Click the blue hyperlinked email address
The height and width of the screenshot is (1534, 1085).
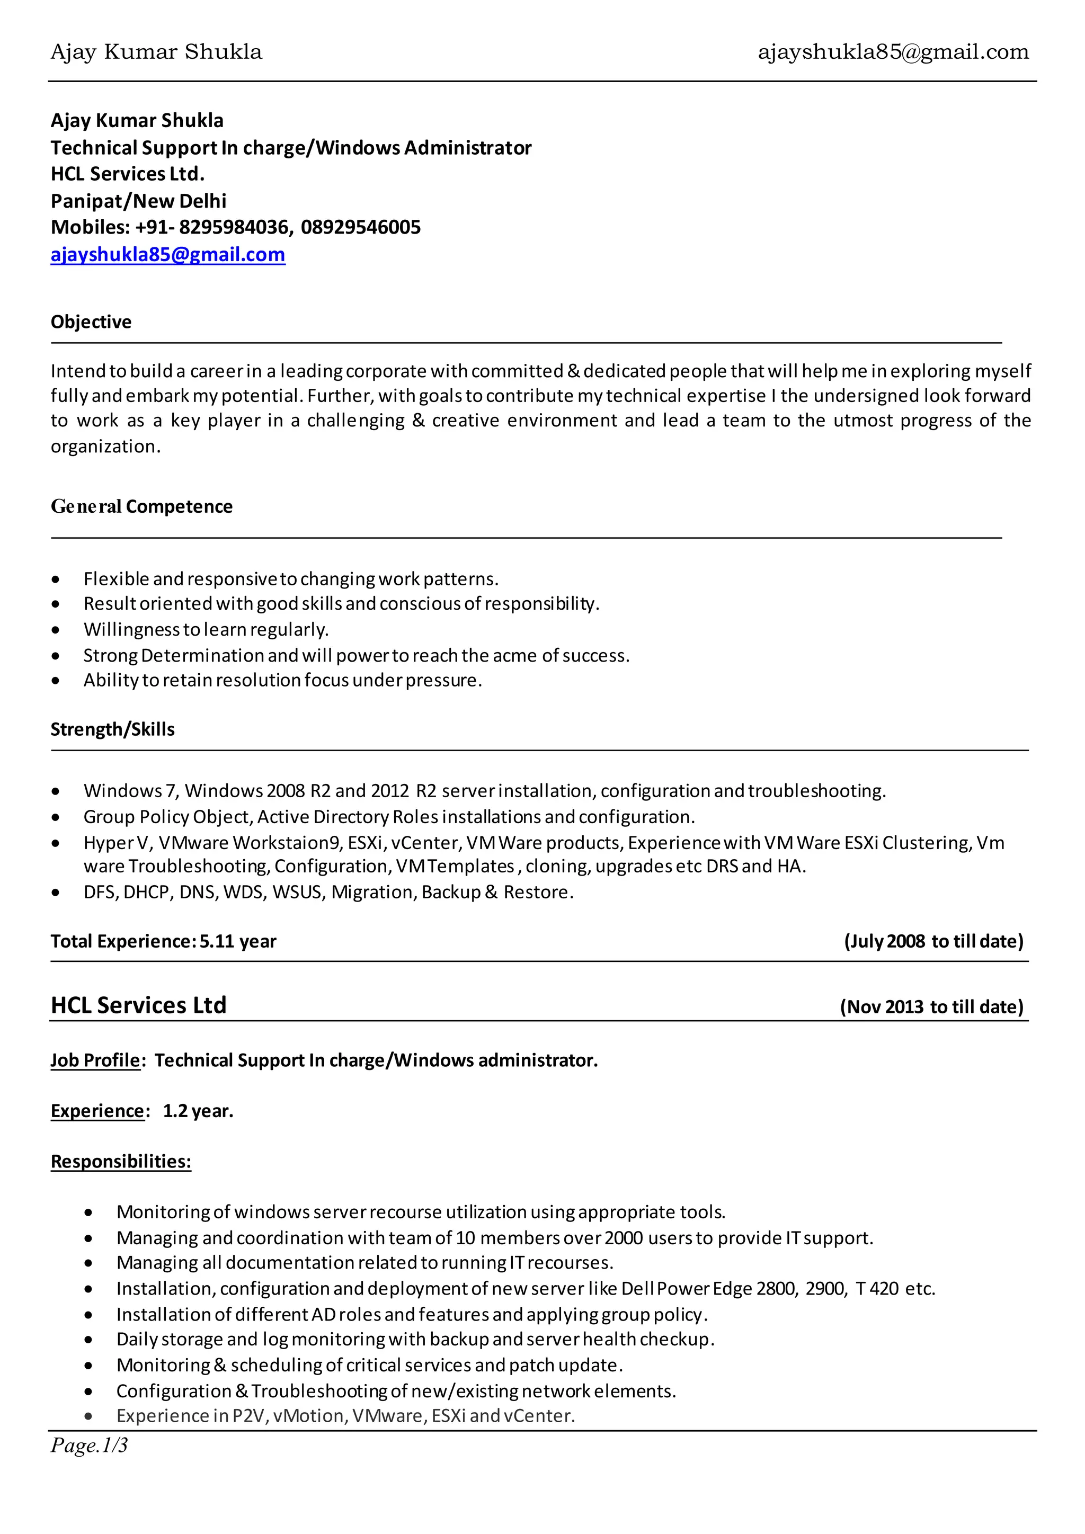(x=168, y=255)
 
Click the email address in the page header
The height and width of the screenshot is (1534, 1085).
(x=893, y=52)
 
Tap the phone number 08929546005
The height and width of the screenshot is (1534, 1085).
(x=361, y=228)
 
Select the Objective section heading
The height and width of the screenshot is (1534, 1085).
(x=91, y=322)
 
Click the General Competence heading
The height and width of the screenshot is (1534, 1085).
(x=141, y=506)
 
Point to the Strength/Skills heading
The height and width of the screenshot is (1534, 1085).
(x=112, y=729)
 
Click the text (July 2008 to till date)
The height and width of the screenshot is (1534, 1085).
(x=933, y=941)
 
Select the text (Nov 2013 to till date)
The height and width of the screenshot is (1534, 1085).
(x=931, y=1007)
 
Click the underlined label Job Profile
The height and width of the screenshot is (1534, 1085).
(x=95, y=1060)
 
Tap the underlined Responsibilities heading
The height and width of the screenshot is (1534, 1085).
(x=121, y=1161)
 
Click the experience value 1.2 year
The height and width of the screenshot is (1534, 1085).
(x=198, y=1111)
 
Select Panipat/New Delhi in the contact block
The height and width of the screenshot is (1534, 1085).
(x=138, y=201)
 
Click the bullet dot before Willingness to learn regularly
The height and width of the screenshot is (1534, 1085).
(x=56, y=630)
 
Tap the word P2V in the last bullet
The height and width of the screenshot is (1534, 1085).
(x=249, y=1416)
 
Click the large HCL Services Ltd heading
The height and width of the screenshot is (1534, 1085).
(x=138, y=1005)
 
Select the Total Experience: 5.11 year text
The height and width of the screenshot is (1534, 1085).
(x=163, y=941)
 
